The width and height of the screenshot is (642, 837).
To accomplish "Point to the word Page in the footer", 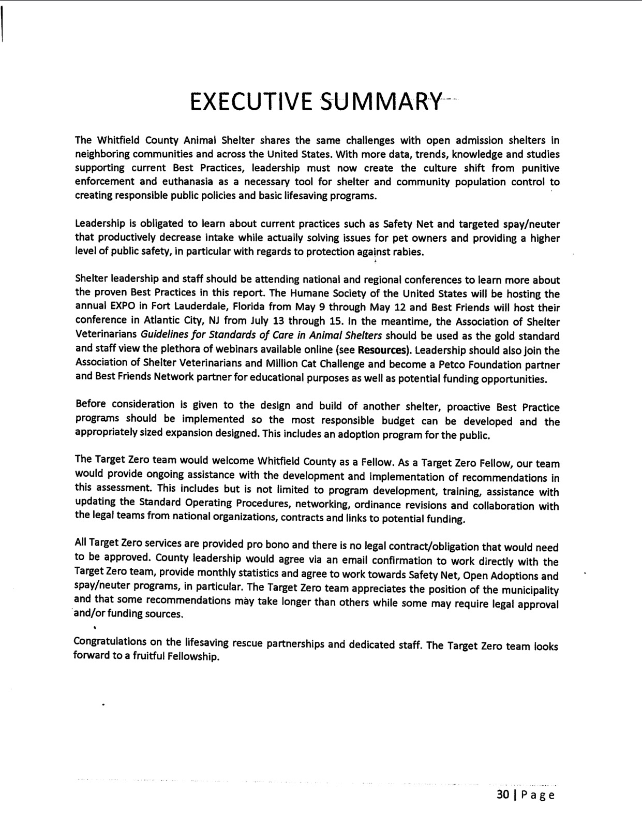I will tap(538, 795).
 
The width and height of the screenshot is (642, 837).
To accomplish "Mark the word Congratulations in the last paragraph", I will tap(110, 642).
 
